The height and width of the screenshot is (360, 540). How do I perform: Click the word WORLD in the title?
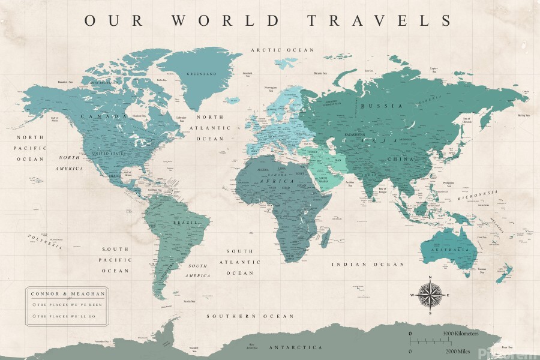pyautogui.click(x=226, y=20)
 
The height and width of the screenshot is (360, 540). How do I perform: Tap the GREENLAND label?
pyautogui.click(x=202, y=74)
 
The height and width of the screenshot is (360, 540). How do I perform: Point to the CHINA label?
pyautogui.click(x=397, y=159)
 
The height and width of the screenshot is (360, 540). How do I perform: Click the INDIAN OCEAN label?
pyautogui.click(x=368, y=264)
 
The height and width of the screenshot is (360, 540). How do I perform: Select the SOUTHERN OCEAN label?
pyautogui.click(x=250, y=316)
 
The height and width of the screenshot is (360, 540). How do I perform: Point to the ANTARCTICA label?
pyautogui.click(x=295, y=347)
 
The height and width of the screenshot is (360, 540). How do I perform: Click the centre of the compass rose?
pyautogui.click(x=430, y=295)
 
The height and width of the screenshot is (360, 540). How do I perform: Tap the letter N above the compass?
pyautogui.click(x=430, y=277)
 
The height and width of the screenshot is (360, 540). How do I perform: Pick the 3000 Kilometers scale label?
pyautogui.click(x=460, y=333)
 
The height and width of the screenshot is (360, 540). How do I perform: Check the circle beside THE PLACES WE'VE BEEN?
pyautogui.click(x=34, y=305)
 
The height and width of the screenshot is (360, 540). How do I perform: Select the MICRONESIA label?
pyautogui.click(x=478, y=194)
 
